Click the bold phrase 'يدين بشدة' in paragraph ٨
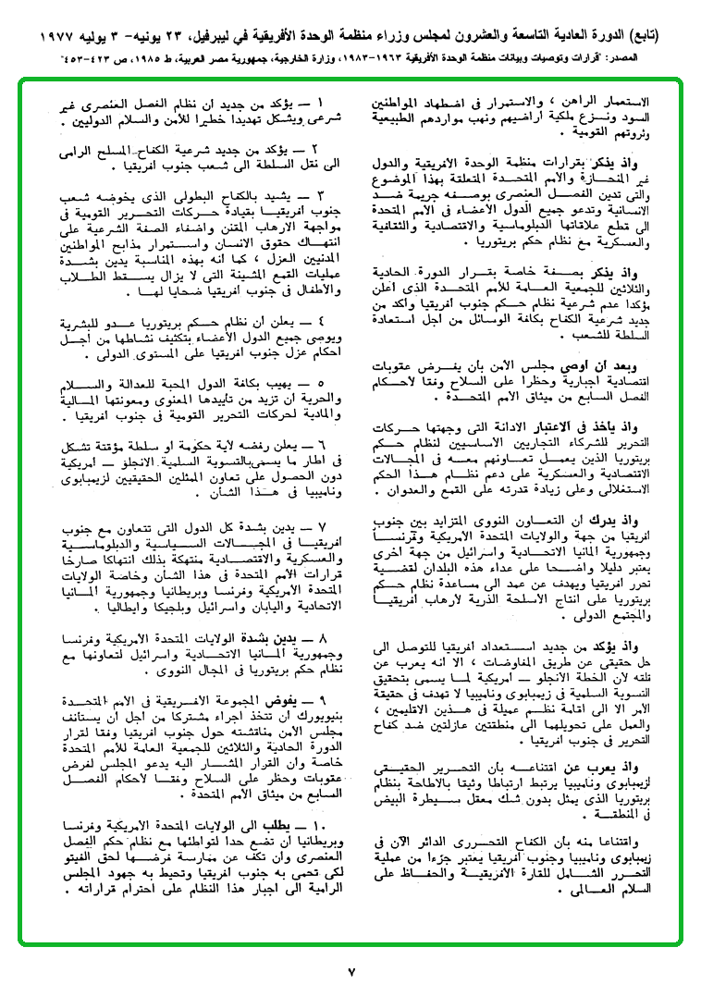[283, 638]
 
